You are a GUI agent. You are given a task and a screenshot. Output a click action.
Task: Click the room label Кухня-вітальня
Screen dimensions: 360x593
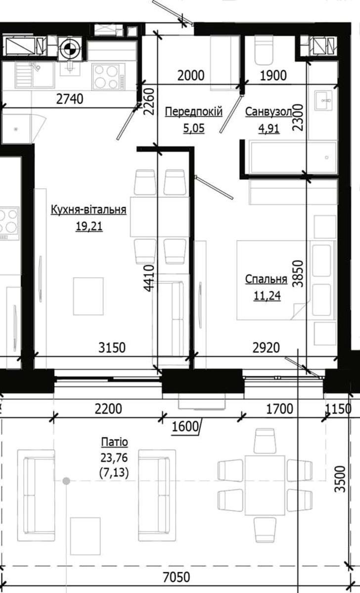point(89,210)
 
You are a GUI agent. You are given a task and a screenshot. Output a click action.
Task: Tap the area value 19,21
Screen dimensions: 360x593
point(89,226)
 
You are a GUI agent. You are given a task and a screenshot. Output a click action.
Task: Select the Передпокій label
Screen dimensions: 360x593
point(194,112)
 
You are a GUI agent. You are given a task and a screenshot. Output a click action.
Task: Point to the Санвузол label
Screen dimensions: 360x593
point(269,112)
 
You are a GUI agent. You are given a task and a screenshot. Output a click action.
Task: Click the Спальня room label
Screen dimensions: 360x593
point(266,279)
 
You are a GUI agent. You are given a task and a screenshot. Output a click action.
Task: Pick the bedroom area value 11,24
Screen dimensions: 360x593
point(267,296)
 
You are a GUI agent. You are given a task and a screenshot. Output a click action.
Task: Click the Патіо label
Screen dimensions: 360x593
point(114,442)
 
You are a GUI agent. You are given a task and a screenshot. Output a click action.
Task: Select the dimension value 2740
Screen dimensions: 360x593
point(70,99)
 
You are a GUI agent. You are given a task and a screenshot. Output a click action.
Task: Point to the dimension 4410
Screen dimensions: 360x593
point(149,278)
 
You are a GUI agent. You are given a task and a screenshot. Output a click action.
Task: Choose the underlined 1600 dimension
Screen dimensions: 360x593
point(185,426)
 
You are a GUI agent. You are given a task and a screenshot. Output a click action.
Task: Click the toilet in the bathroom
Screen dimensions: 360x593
point(264,50)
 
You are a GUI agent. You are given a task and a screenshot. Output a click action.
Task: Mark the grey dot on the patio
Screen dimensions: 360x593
point(66,481)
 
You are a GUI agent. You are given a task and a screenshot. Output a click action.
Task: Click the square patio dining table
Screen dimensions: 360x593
point(265,485)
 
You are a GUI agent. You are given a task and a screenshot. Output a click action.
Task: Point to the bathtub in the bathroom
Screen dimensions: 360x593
point(293,158)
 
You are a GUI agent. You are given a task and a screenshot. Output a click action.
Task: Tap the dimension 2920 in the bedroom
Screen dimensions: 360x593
point(266,347)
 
